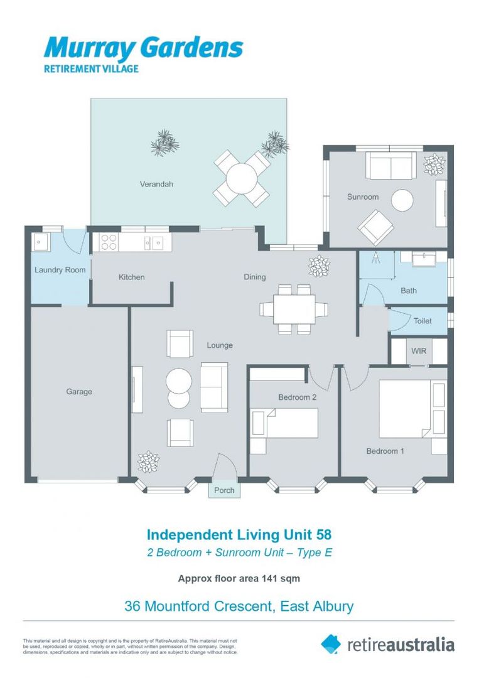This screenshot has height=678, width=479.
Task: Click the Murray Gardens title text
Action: pos(143,47)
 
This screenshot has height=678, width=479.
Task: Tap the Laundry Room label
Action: pos(60,271)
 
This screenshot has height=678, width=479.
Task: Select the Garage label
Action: pos(79,392)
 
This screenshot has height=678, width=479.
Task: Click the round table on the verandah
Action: pos(242,179)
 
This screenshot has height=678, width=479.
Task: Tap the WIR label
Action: pos(419,351)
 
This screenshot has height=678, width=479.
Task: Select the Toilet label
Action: pos(422,321)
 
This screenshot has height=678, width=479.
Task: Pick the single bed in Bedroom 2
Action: pos(286,422)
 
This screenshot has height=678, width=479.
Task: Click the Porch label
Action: pos(224,490)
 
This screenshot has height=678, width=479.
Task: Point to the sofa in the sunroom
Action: pos(390,165)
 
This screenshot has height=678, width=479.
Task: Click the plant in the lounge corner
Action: pos(148,461)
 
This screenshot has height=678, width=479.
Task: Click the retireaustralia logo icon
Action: pos(331,643)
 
